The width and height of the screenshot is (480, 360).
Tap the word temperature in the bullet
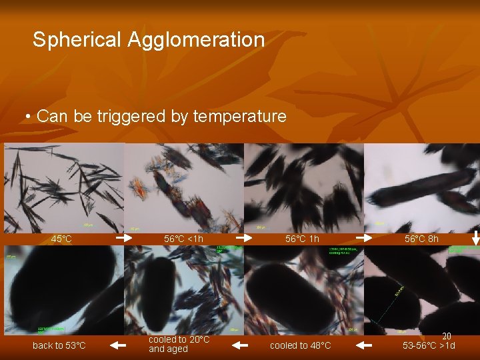coord(240,117)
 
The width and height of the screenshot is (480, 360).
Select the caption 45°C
coord(61,239)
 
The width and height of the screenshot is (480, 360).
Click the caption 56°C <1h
coord(184,239)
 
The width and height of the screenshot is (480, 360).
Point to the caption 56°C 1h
coord(302,239)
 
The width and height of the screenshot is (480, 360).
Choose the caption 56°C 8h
coord(421,239)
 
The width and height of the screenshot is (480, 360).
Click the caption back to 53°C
coord(59,345)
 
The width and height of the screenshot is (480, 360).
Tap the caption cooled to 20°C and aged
coord(179,345)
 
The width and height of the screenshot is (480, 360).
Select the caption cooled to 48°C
coord(300,345)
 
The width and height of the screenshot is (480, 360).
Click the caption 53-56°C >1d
coord(429,345)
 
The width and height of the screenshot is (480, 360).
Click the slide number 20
coord(447,337)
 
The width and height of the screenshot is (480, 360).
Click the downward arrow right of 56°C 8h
coord(475,237)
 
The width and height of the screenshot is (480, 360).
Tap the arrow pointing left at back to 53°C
coord(118,345)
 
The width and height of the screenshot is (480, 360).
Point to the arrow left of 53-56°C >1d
coord(363,345)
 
